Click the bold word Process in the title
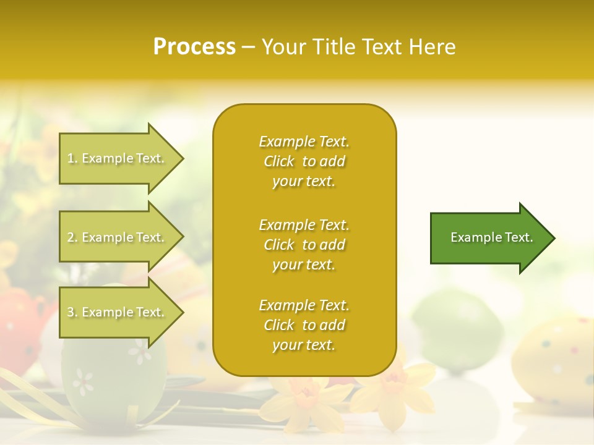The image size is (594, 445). [194, 47]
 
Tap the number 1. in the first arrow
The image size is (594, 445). [72, 158]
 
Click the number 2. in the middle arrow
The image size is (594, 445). [72, 237]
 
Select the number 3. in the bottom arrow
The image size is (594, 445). [72, 312]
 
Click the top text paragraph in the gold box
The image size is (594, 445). [304, 161]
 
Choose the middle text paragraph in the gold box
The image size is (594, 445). [304, 244]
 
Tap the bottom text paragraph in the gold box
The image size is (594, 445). [304, 325]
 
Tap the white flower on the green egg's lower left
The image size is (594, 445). [83, 381]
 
